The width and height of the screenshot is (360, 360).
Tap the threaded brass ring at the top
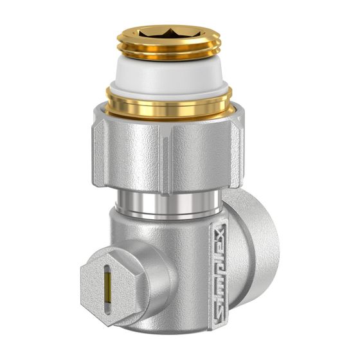168,44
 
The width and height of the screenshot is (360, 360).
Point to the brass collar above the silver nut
168,104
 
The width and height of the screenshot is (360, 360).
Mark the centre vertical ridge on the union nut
166,158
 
